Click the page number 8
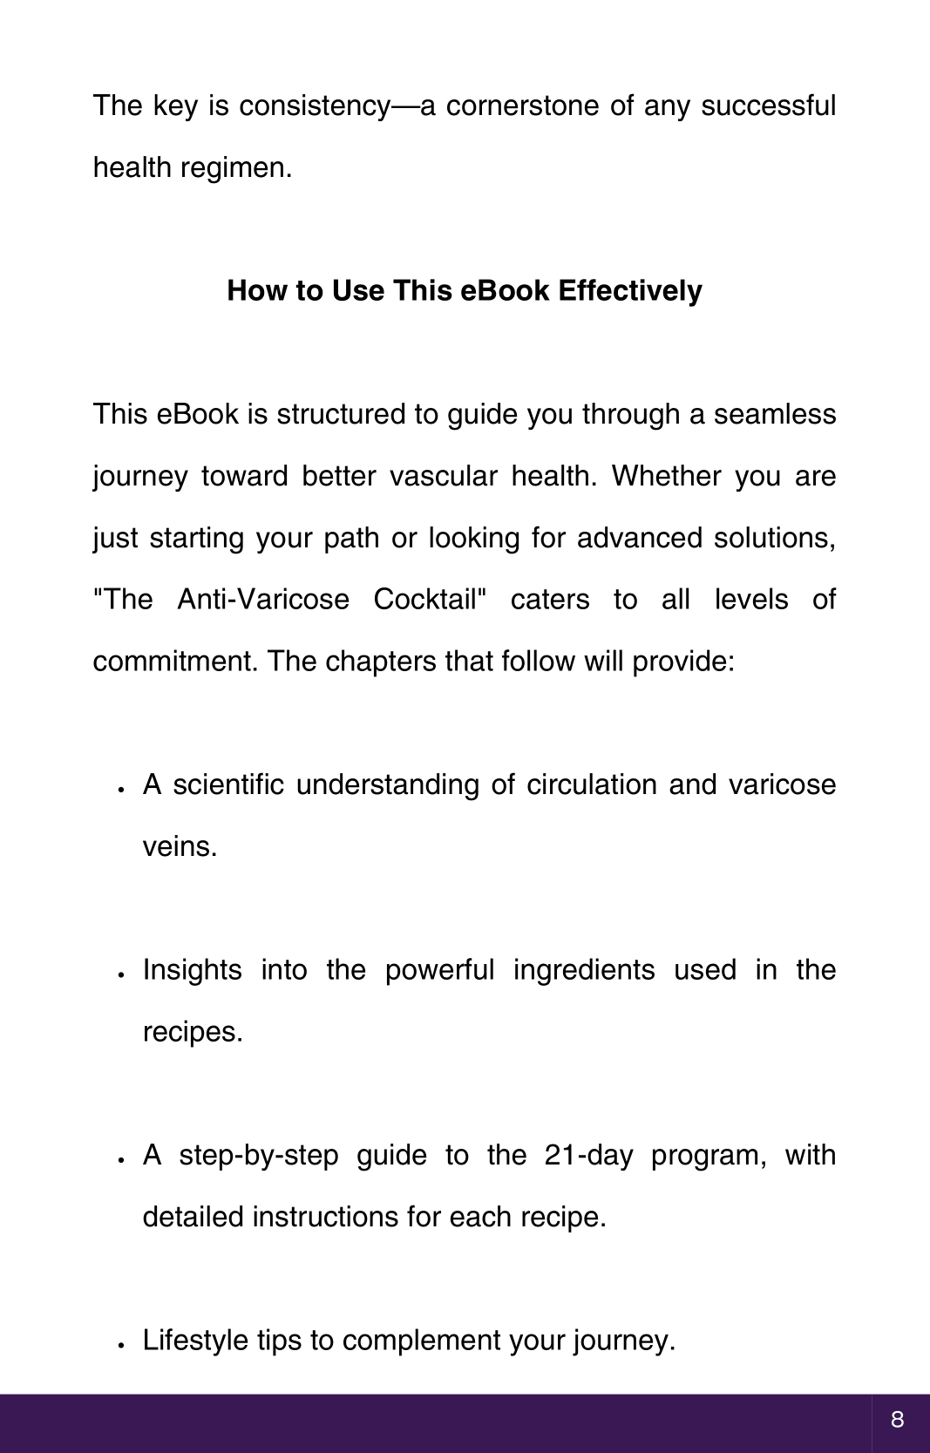[x=897, y=1421]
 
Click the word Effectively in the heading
[x=630, y=291]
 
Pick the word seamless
[x=775, y=414]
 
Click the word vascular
[x=443, y=476]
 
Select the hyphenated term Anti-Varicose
[x=263, y=600]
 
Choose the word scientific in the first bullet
[x=228, y=784]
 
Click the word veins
[x=179, y=846]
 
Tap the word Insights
[x=192, y=970]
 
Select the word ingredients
[x=583, y=970]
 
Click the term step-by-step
[x=259, y=1156]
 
